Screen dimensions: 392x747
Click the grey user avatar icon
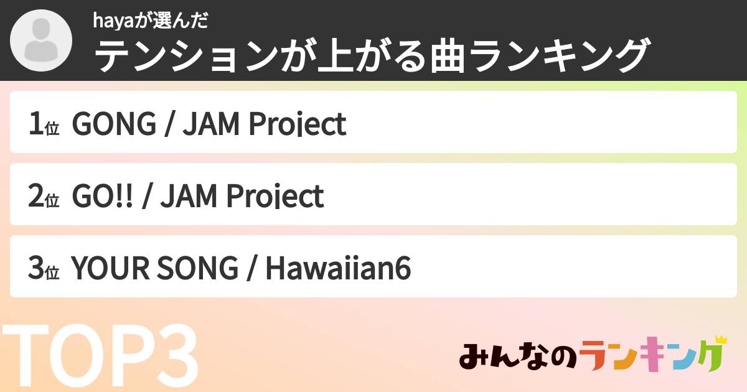(40, 41)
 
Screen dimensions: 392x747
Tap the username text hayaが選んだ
(149, 21)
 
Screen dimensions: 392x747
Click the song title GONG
(115, 124)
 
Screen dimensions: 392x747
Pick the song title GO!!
(103, 197)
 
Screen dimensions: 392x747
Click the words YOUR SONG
(155, 269)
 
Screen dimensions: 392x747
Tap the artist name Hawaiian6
(339, 269)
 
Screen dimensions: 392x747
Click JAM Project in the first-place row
(265, 124)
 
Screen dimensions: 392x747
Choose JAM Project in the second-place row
(242, 197)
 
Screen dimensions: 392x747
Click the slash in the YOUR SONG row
(252, 269)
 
